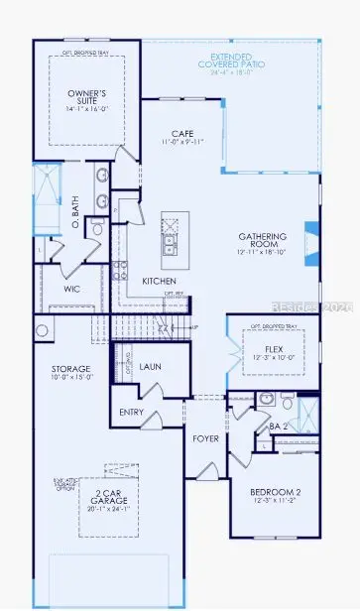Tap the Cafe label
click(x=180, y=133)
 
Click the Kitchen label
click(x=159, y=281)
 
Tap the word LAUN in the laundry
click(x=150, y=366)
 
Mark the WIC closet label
click(x=71, y=290)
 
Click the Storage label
click(x=71, y=370)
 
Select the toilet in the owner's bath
click(x=97, y=229)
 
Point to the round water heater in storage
click(x=42, y=330)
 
